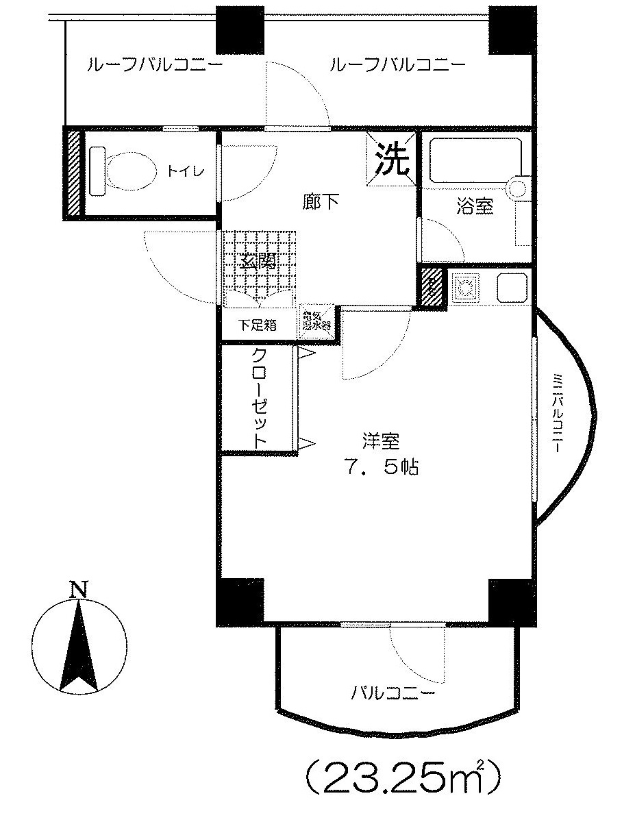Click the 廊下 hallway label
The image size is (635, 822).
320,202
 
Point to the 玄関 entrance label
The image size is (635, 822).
258,261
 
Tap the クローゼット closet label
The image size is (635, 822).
260,399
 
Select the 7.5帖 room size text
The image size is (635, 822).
382,468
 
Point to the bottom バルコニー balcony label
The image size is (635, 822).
393,693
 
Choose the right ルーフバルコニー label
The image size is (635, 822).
397,66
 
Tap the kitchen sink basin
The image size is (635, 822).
511,286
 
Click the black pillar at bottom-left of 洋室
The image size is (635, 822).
240,601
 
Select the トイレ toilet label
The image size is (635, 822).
183,171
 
